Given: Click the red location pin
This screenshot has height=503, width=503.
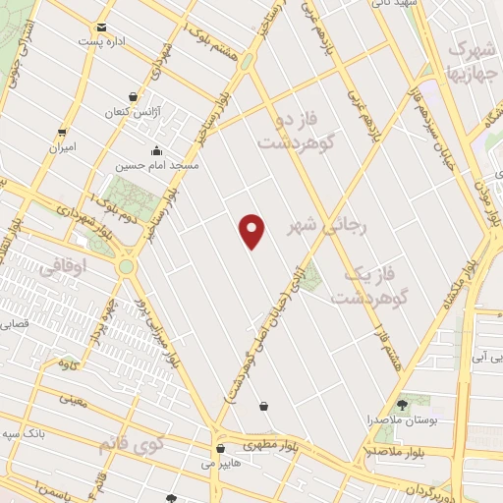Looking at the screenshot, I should (253, 231).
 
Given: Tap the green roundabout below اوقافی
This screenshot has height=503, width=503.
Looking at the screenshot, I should (127, 265).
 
